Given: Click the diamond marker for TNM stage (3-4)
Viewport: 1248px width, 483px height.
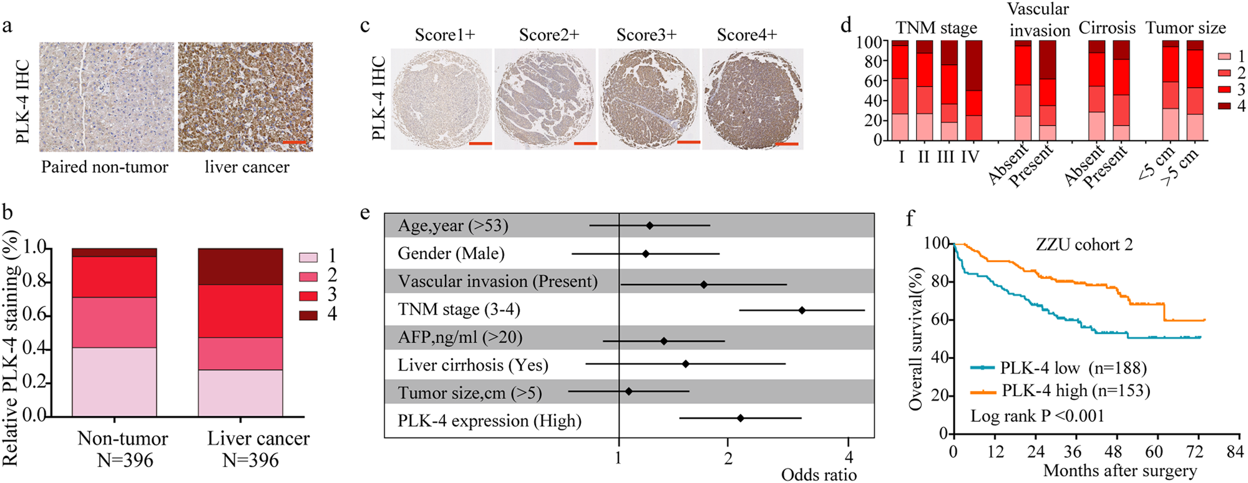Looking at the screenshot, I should click(802, 310).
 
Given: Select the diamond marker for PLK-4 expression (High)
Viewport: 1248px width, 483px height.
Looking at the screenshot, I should click(741, 418).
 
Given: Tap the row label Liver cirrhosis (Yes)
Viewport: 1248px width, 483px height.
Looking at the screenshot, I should click(473, 365).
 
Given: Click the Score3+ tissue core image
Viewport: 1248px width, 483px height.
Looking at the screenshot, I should click(649, 99).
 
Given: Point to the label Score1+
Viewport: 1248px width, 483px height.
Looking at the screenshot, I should click(445, 35).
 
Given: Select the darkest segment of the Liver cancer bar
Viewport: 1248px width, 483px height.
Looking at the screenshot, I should click(240, 266).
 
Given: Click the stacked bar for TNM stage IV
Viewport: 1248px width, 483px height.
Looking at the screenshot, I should click(973, 90).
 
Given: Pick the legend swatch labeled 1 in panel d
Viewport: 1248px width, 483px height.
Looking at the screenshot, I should click(1225, 57).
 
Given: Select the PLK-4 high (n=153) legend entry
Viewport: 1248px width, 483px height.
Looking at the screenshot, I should click(1061, 391).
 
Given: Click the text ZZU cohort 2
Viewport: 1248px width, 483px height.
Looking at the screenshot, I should click(1084, 245).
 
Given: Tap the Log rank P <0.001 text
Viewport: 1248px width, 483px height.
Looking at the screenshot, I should click(1037, 416).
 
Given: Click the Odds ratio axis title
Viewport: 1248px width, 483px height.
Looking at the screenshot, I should click(819, 475).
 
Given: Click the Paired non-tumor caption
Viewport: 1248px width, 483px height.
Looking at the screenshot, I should click(105, 167).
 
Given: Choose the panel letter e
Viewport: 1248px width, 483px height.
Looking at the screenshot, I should click(366, 213).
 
